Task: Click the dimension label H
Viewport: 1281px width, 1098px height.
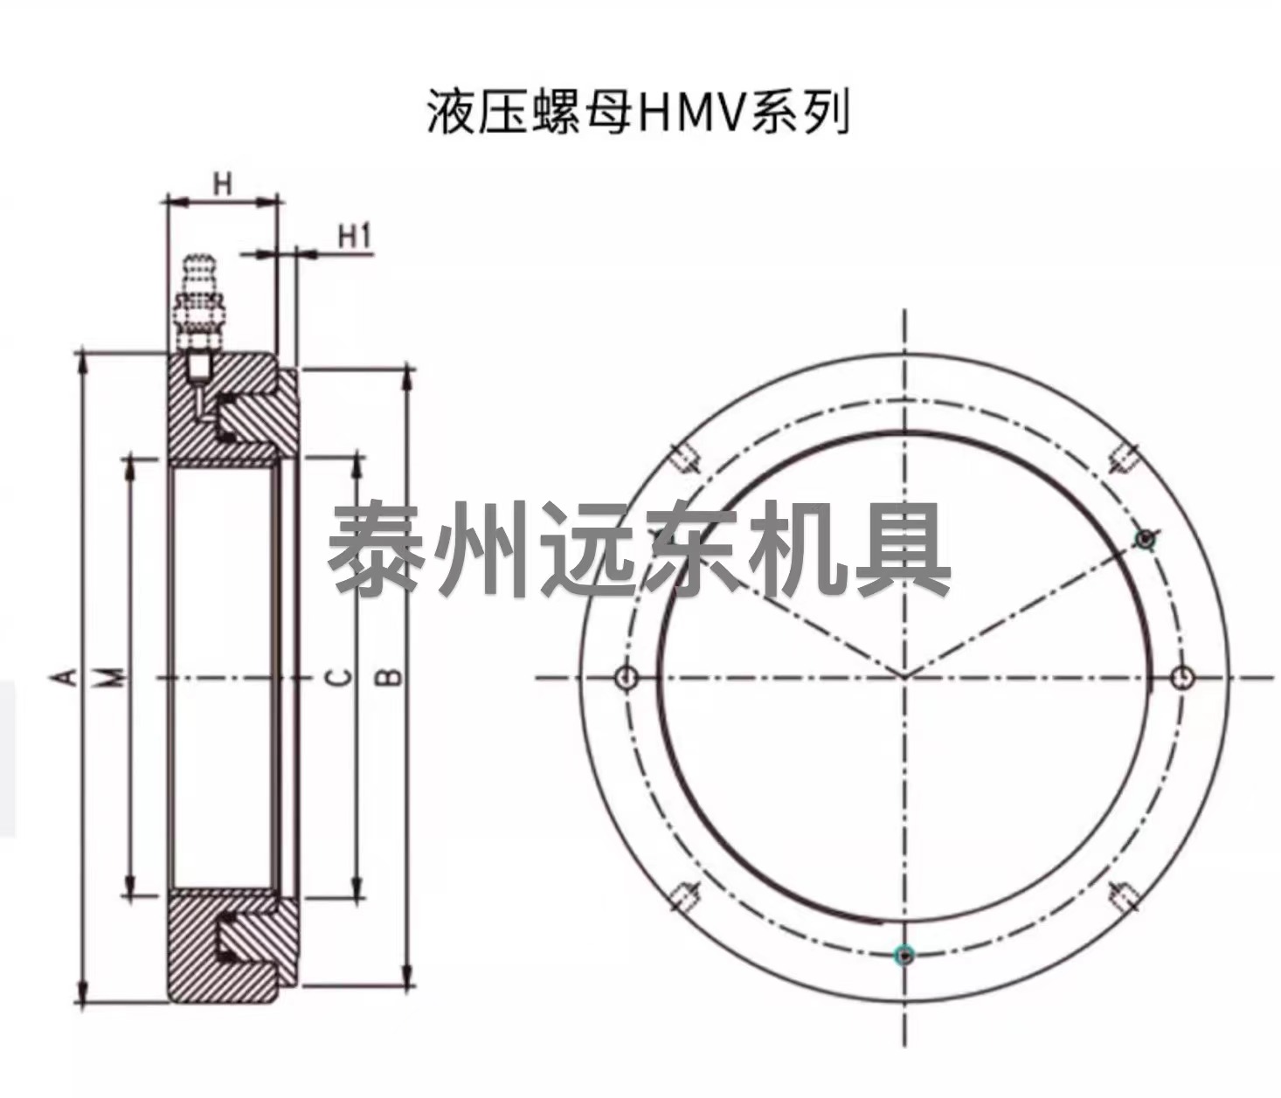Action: point(222,184)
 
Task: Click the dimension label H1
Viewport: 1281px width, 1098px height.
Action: point(355,237)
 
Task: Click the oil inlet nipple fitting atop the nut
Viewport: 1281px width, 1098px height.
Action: point(198,300)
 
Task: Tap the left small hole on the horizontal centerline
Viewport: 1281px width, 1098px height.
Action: point(627,677)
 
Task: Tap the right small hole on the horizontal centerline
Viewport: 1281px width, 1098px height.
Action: point(1182,677)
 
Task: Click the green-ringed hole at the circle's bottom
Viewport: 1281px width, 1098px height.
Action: point(904,955)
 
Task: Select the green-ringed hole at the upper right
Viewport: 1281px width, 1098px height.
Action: point(1146,539)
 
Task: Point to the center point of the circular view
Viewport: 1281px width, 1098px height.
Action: point(904,677)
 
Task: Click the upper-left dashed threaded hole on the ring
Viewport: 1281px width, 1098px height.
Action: point(685,459)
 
